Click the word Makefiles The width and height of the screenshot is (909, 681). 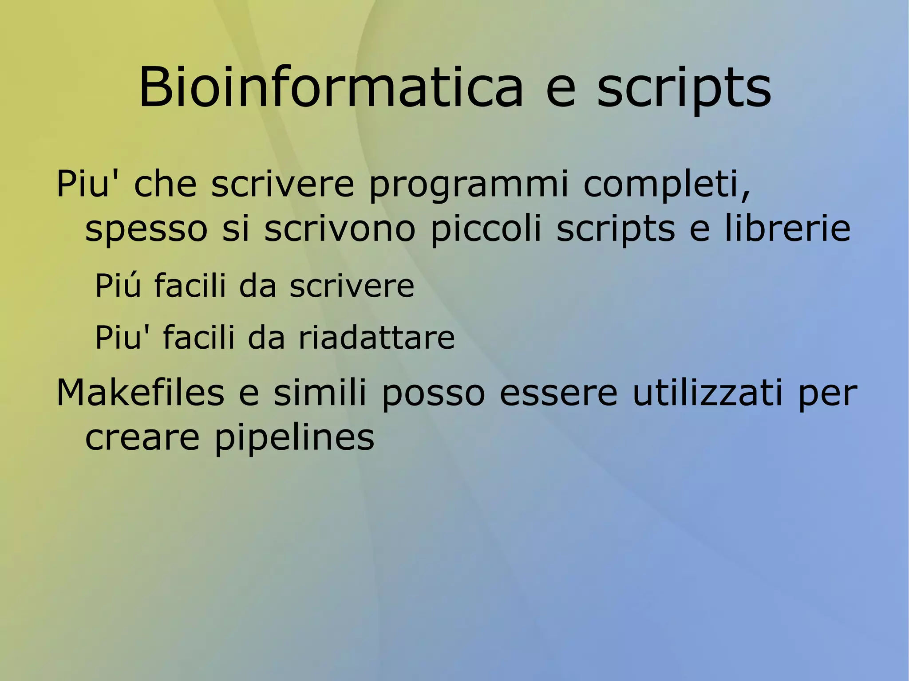click(140, 393)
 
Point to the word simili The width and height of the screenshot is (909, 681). click(320, 393)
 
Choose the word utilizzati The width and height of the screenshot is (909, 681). click(707, 393)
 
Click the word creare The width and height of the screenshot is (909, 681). click(142, 438)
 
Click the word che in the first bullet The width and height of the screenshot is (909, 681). click(165, 185)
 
